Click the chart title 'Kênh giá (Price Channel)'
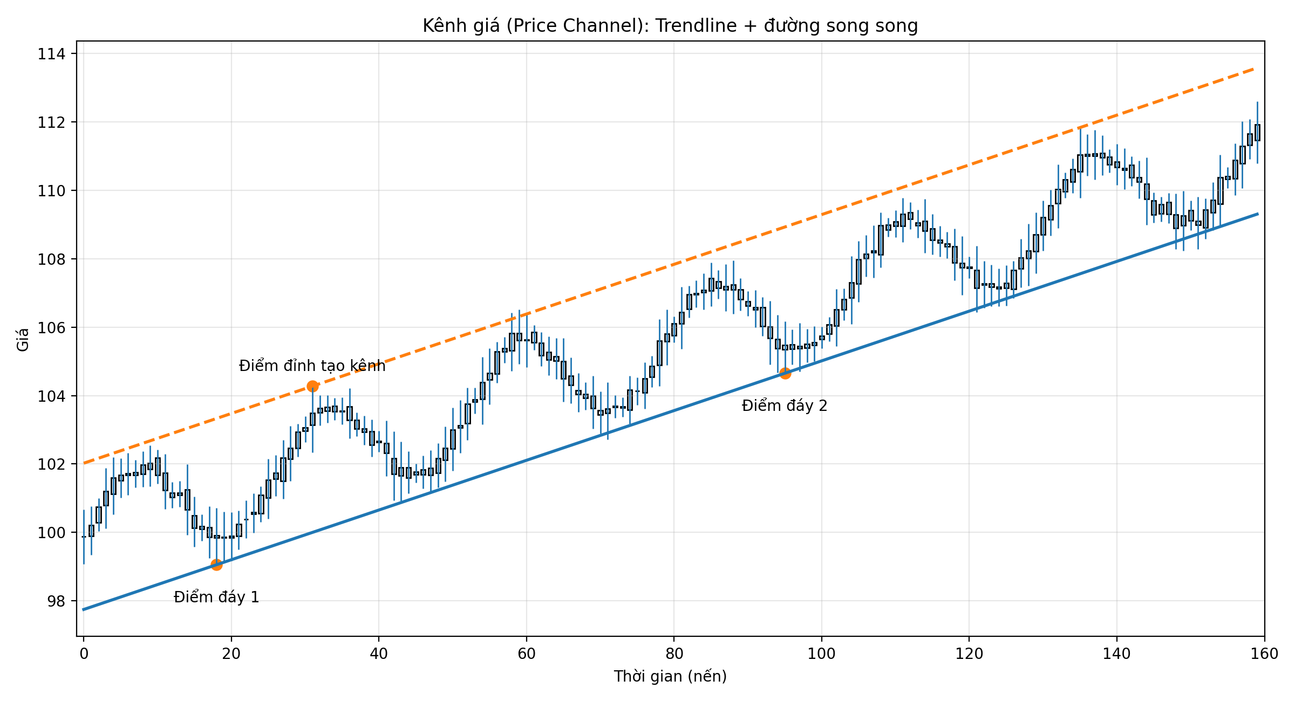(670, 26)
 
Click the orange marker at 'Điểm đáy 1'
(216, 565)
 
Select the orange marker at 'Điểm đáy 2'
(785, 373)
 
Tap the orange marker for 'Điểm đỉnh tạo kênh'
(312, 386)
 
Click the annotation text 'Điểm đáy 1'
(216, 597)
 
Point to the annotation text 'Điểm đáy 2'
(785, 406)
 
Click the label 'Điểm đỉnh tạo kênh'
(312, 366)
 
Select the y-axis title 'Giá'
(23, 340)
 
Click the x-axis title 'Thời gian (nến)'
(670, 676)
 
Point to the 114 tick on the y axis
(51, 54)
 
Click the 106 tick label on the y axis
(51, 327)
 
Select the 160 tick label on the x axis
(1264, 654)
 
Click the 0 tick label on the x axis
(84, 654)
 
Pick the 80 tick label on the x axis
(674, 654)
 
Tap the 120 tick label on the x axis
(969, 654)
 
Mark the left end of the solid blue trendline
(84, 609)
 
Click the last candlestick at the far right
(1257, 133)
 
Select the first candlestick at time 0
(84, 537)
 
